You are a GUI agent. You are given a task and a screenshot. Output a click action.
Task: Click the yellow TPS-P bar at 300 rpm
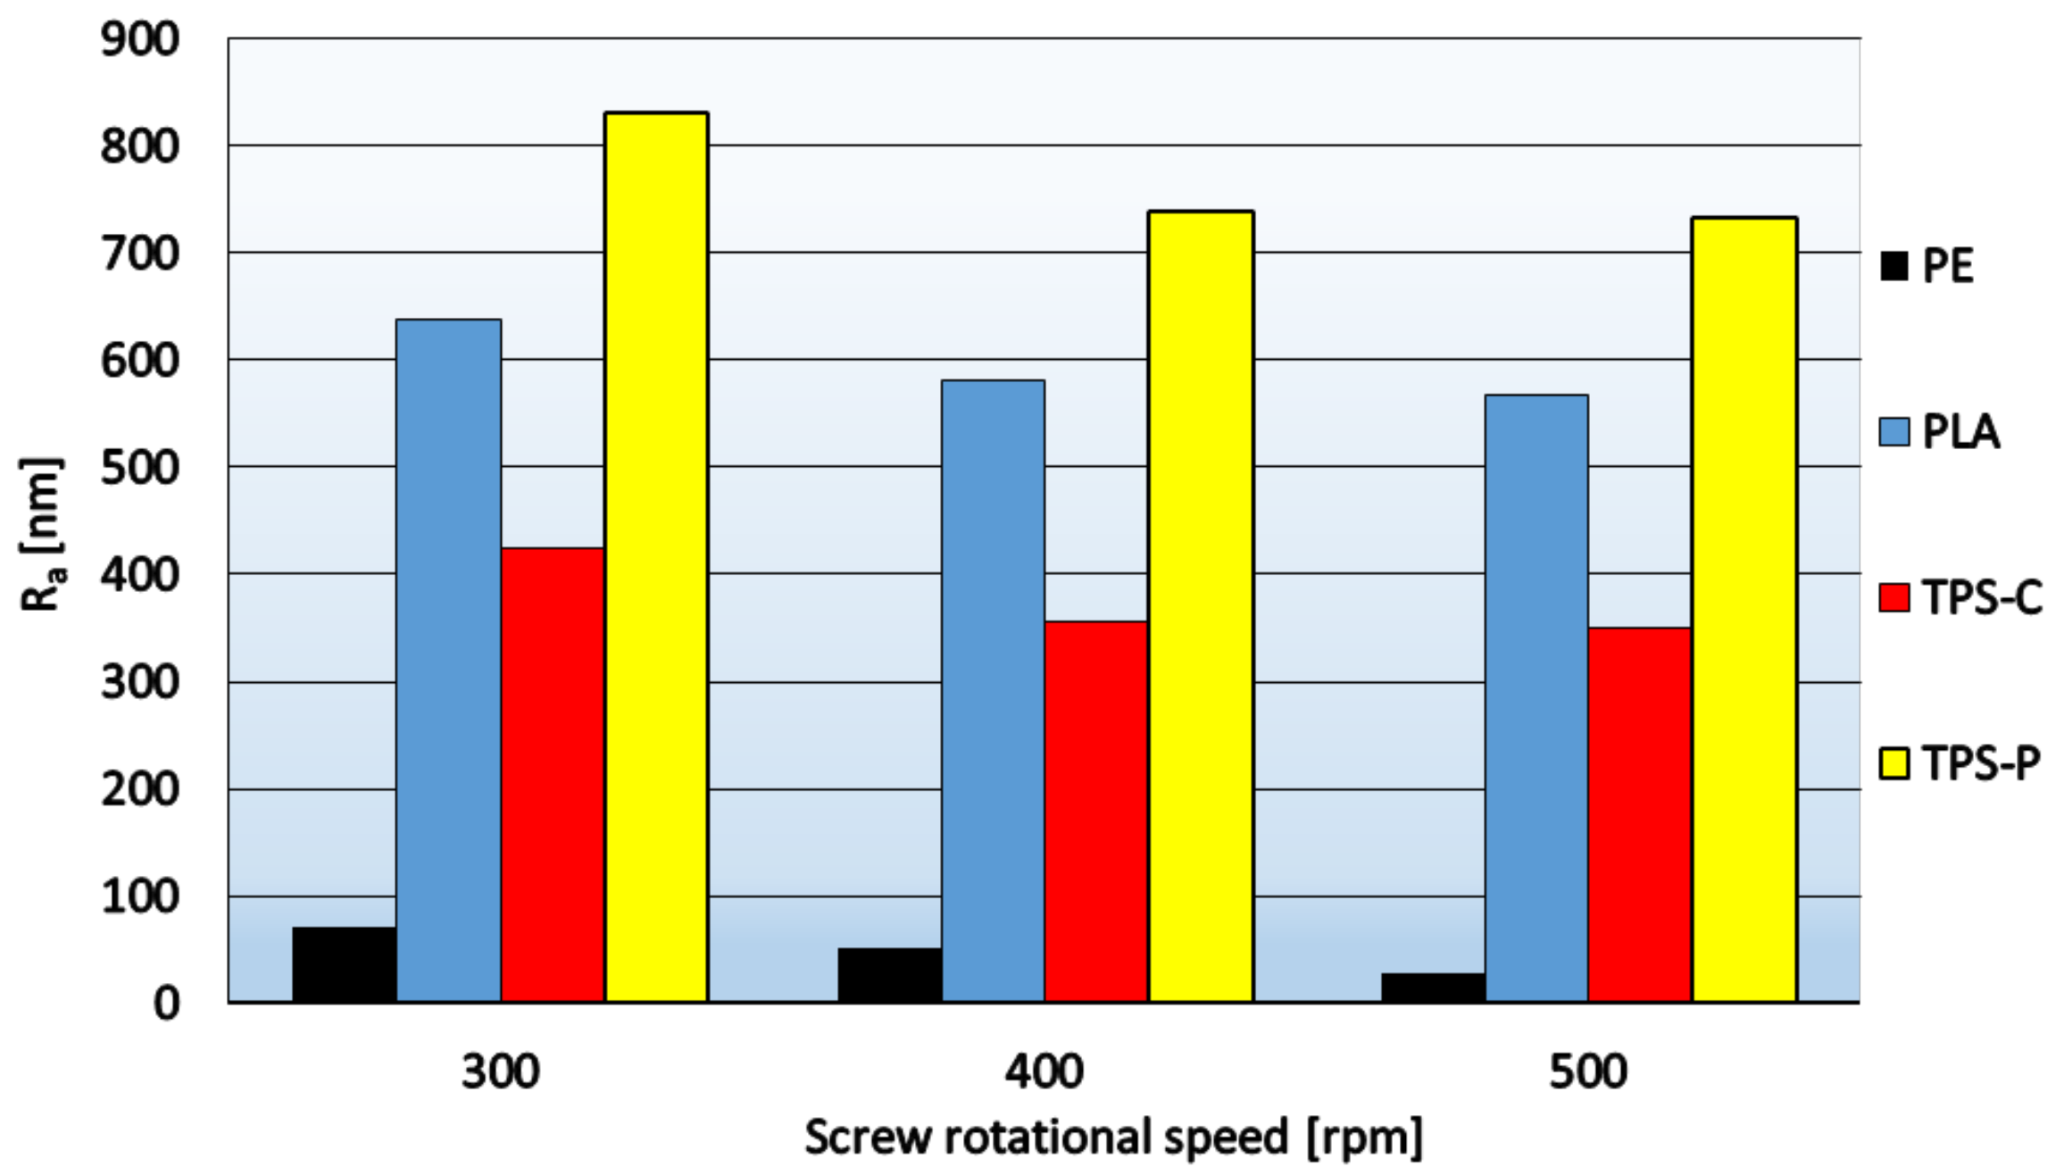[656, 557]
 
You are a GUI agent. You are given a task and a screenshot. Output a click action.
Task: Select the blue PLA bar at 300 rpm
[448, 661]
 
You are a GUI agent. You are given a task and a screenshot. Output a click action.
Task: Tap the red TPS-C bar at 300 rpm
[553, 775]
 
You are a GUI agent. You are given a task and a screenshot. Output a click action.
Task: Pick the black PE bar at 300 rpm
[345, 965]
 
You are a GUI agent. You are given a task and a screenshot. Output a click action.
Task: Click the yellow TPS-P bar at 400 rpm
[1201, 607]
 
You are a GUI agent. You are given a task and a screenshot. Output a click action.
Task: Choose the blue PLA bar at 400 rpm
[993, 691]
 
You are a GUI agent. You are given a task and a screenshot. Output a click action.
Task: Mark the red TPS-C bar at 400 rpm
[1096, 812]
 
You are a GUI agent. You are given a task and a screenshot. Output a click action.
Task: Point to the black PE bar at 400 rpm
[889, 975]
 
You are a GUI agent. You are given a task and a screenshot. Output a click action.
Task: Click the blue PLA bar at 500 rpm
[1536, 698]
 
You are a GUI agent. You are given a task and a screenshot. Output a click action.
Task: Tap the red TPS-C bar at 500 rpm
[1640, 814]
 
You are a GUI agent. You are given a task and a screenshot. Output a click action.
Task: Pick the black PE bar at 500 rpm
[1433, 987]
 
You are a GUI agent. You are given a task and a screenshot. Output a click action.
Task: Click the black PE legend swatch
[1893, 266]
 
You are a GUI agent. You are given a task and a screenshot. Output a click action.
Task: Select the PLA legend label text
[1960, 432]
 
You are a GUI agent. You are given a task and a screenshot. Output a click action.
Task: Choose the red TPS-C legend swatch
[1893, 597]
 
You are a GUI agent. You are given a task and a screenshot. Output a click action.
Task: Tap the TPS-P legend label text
[1981, 763]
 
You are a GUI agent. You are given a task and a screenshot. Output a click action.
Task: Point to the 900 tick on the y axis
[140, 40]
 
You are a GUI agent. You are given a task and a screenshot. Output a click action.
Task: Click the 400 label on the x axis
[1044, 1071]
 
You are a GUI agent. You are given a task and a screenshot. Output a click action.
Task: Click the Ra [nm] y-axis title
[41, 534]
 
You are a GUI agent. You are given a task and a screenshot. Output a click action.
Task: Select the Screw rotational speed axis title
[1113, 1137]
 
